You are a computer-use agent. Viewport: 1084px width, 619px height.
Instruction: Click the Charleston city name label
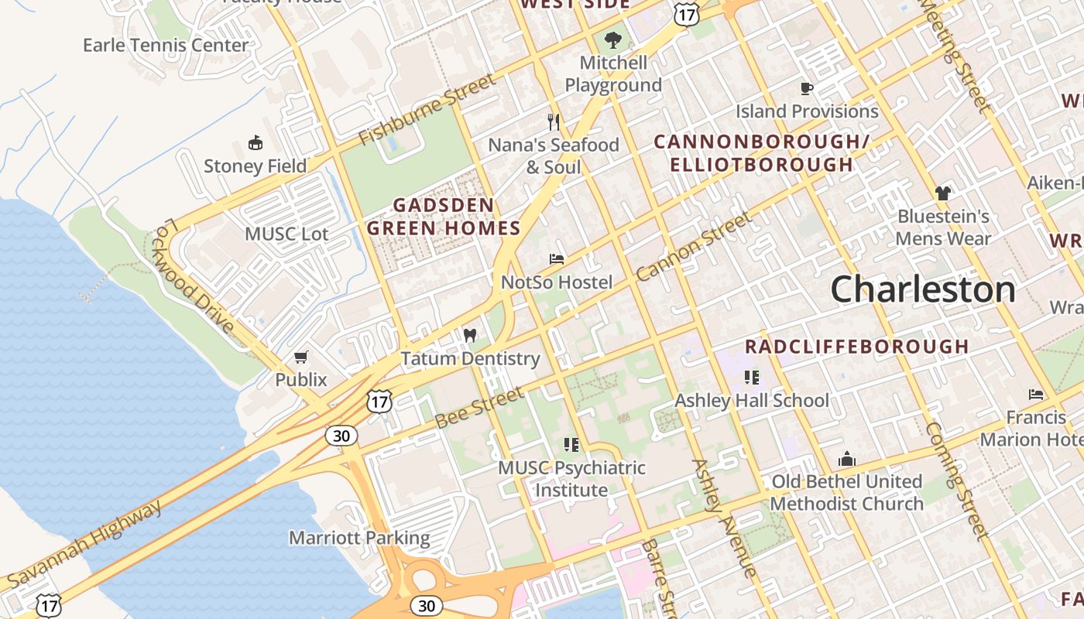click(923, 289)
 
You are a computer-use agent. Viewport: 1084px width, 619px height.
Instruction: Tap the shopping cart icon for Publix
click(301, 357)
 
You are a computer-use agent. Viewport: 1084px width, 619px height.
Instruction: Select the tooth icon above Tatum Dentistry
click(469, 336)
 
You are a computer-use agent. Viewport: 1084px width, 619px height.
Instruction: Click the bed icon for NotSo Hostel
click(556, 259)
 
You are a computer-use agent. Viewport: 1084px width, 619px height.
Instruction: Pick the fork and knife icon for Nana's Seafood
click(554, 122)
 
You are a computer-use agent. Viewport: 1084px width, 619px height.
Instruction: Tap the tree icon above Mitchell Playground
click(613, 39)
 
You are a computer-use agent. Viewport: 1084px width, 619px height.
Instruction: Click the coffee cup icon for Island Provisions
click(806, 88)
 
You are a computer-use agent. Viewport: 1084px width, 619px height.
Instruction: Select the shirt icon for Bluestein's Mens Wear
click(942, 193)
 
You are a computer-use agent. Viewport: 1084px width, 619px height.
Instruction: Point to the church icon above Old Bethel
click(847, 459)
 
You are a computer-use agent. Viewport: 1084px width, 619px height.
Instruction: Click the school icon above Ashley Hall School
click(751, 378)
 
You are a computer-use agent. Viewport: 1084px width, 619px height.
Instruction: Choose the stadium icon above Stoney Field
click(255, 143)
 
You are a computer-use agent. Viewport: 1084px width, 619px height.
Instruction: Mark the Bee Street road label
click(479, 408)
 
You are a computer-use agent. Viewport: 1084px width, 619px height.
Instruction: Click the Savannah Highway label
click(85, 543)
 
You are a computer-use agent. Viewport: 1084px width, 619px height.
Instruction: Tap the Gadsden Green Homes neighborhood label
click(443, 217)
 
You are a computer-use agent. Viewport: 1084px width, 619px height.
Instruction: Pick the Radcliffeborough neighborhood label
click(856, 347)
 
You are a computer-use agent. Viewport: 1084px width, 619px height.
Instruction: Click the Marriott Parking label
click(359, 538)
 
